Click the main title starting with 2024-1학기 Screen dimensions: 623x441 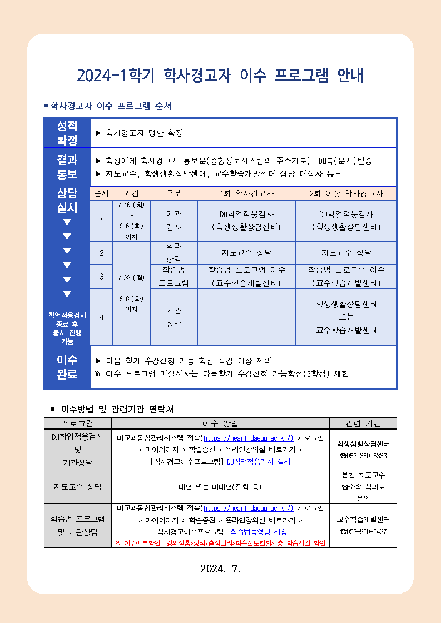(x=220, y=76)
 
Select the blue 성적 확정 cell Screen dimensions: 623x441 (x=67, y=133)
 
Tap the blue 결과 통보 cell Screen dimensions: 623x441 (x=67, y=167)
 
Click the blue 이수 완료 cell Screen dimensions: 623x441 (x=67, y=367)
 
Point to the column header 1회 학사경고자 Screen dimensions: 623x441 (x=246, y=193)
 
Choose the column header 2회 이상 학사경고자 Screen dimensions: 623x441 (x=346, y=193)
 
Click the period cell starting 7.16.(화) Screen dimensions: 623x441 (x=131, y=221)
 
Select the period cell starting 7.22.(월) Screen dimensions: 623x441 (x=131, y=292)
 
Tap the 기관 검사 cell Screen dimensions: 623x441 (x=174, y=221)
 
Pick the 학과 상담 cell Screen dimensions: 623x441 (x=174, y=253)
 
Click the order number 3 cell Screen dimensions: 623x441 (x=101, y=276)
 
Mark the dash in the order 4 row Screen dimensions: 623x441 (x=246, y=317)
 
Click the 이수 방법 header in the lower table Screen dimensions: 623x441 (x=220, y=423)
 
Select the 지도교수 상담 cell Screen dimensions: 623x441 (x=77, y=487)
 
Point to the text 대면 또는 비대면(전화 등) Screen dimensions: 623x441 (x=220, y=487)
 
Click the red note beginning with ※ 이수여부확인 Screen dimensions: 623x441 (x=220, y=542)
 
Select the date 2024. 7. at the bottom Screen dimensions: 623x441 (x=220, y=569)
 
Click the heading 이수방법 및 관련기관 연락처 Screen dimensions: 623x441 (x=117, y=410)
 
